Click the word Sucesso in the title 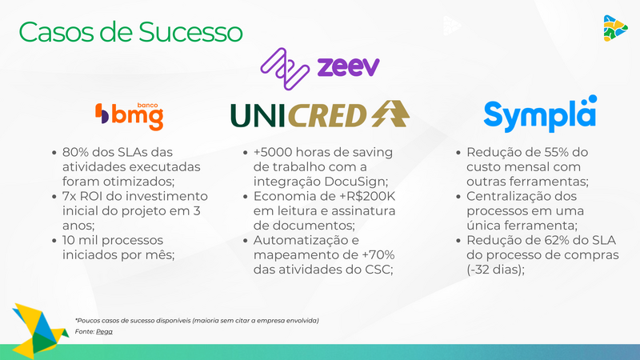[191, 32]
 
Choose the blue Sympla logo [540, 115]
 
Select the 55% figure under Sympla [556, 152]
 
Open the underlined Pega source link [104, 331]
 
